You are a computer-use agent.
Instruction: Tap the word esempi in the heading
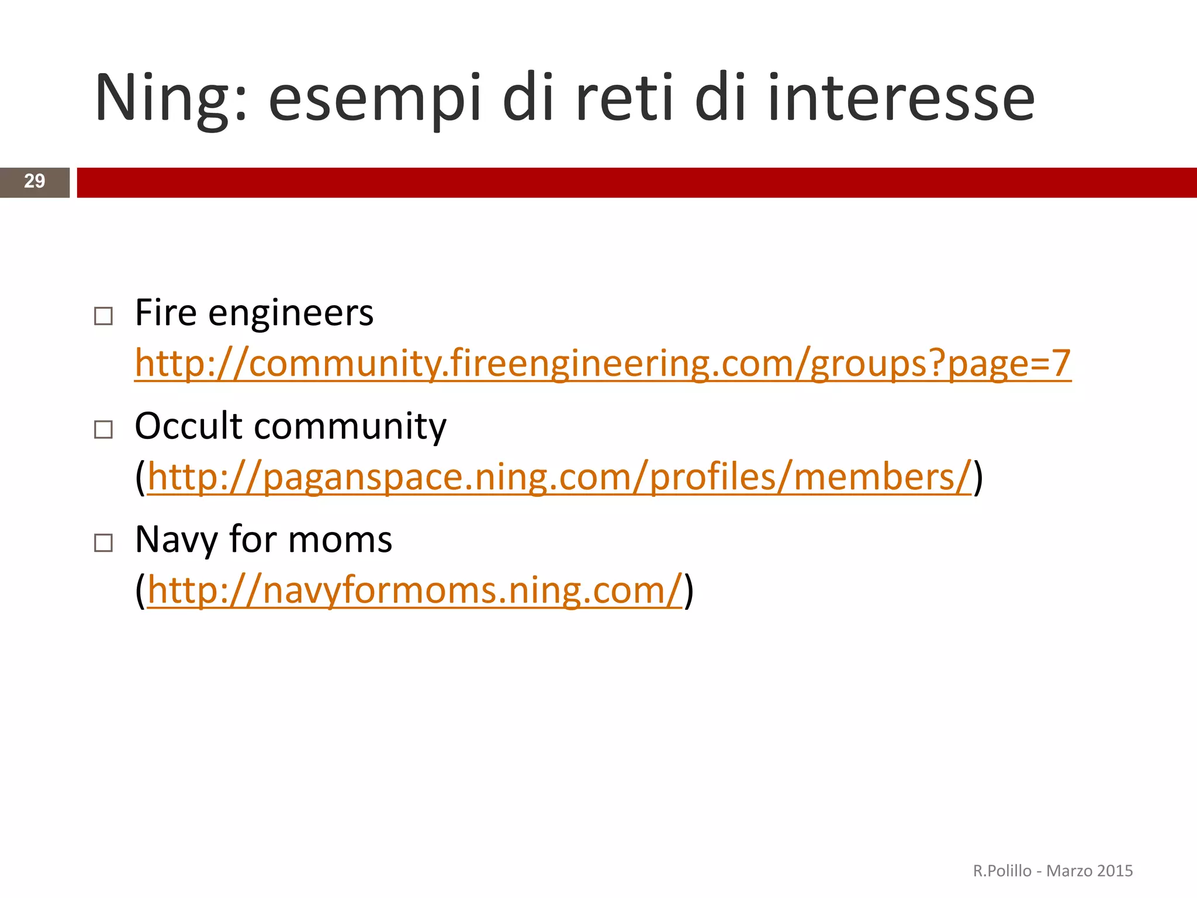pyautogui.click(x=374, y=98)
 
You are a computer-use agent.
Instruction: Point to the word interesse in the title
pyautogui.click(x=900, y=98)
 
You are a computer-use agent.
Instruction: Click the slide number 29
pyautogui.click(x=34, y=182)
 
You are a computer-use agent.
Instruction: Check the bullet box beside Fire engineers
pyautogui.click(x=103, y=316)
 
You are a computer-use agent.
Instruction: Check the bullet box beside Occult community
pyautogui.click(x=103, y=430)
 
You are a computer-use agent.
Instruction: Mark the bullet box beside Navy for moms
pyautogui.click(x=103, y=543)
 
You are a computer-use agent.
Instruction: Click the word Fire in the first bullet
pyautogui.click(x=166, y=313)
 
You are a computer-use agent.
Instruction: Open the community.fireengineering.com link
pyautogui.click(x=602, y=364)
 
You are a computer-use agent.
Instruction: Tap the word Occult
pyautogui.click(x=188, y=426)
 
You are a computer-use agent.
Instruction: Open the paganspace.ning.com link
pyautogui.click(x=559, y=477)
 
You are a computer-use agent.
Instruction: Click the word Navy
pyautogui.click(x=176, y=540)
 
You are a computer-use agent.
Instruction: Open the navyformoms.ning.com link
pyautogui.click(x=414, y=590)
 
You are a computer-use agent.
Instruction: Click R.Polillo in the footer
pyautogui.click(x=1002, y=871)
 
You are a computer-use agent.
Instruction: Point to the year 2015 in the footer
pyautogui.click(x=1115, y=871)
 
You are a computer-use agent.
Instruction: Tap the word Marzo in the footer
pyautogui.click(x=1067, y=871)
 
